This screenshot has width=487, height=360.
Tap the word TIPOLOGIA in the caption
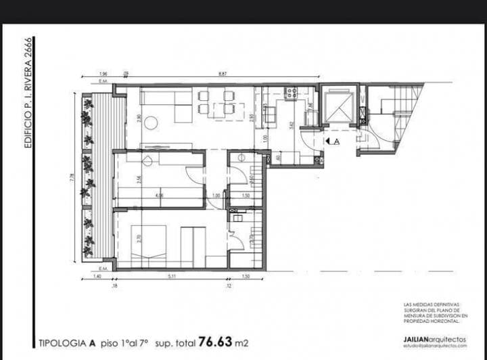click(60, 343)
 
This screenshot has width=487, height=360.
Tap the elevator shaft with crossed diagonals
click(338, 105)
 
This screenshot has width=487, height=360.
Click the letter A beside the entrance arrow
click(337, 141)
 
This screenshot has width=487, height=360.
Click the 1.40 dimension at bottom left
click(97, 277)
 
